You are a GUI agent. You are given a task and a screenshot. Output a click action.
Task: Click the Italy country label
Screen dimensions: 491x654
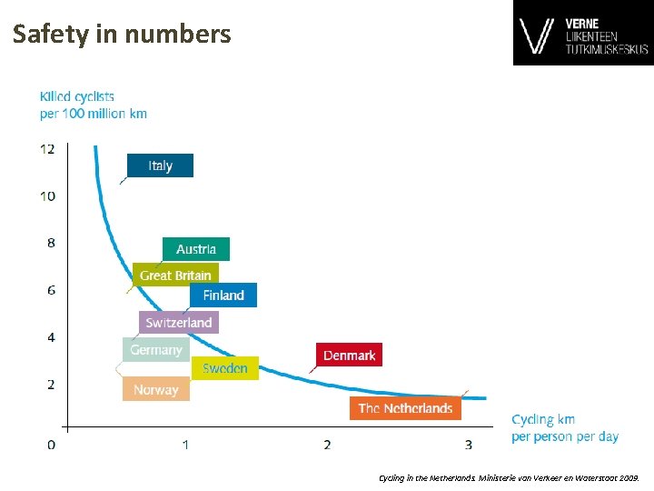(160, 165)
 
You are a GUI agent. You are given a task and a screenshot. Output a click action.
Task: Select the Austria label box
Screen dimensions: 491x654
(196, 249)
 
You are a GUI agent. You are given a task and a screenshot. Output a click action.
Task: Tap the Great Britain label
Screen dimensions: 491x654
(175, 275)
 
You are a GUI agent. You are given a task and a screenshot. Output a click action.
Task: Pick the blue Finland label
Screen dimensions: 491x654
(223, 295)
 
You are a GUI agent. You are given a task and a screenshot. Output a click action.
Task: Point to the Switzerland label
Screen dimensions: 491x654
(179, 322)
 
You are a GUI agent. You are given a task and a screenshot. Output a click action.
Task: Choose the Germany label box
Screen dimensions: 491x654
(155, 350)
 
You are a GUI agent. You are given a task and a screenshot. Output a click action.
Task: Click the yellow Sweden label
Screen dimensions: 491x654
(225, 368)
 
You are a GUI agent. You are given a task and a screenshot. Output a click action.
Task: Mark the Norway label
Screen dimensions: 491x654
(156, 389)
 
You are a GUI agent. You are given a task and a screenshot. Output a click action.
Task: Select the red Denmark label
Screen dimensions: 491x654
(349, 355)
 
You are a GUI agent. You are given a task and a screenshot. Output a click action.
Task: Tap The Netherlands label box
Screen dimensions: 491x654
(405, 408)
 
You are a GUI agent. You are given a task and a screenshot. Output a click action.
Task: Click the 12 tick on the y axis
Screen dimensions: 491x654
(47, 148)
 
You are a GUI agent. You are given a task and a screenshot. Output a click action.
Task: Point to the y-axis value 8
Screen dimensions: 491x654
(51, 243)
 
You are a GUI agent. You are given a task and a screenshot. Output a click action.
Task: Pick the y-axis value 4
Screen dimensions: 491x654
(51, 337)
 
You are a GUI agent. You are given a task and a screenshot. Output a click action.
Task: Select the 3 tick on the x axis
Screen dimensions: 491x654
(469, 445)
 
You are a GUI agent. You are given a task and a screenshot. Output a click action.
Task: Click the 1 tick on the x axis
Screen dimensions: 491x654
(185, 445)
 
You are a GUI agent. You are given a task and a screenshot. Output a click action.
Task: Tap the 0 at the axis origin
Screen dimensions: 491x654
(51, 445)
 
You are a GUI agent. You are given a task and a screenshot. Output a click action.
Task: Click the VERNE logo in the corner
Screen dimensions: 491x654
(582, 35)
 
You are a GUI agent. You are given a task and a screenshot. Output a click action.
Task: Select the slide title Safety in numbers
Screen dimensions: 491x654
(122, 35)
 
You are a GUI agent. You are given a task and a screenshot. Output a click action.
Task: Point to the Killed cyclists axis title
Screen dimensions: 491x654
(93, 105)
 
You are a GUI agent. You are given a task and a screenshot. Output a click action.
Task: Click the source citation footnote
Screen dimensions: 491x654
(509, 476)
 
